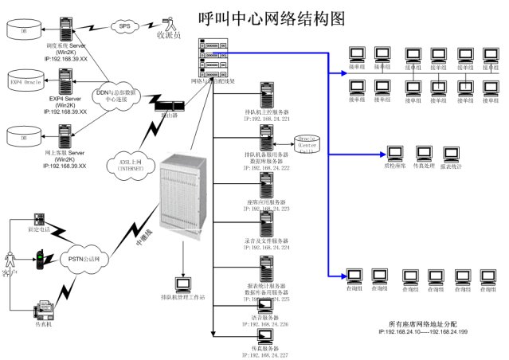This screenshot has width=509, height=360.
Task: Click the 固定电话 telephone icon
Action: (37, 219)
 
